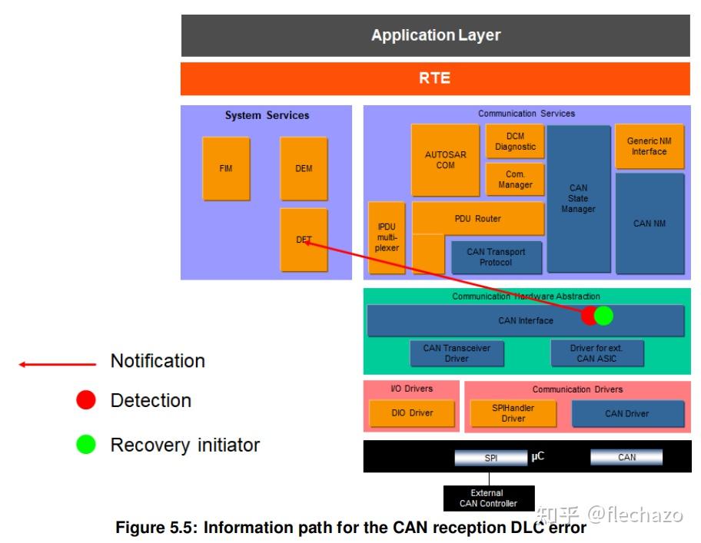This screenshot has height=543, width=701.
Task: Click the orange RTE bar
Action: tap(435, 78)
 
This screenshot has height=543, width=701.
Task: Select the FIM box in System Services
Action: tap(226, 168)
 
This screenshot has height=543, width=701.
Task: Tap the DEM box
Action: tap(304, 168)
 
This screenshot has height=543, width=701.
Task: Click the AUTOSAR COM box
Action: tap(445, 160)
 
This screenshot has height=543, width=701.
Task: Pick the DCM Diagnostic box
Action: tap(515, 141)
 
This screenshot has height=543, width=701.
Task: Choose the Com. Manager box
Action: tap(515, 180)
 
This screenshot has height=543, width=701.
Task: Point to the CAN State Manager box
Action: tap(578, 198)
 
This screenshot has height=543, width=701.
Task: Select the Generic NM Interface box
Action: tap(649, 146)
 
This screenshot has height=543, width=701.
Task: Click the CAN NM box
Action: tap(649, 223)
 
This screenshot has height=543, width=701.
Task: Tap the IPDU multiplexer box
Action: tap(387, 238)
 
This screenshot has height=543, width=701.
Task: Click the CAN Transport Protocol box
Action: tap(496, 257)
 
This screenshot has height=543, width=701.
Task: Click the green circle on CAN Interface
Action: tap(605, 316)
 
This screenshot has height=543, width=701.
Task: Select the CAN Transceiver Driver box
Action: tap(457, 353)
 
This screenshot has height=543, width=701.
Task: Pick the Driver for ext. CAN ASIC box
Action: tap(596, 353)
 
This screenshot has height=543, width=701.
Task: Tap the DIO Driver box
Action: tap(411, 413)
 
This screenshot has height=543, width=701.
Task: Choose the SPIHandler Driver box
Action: tap(513, 413)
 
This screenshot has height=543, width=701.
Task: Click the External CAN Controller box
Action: tap(488, 498)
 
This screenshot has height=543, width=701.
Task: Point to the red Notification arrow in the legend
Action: tap(58, 364)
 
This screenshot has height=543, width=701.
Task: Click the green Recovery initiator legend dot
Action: tap(86, 445)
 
